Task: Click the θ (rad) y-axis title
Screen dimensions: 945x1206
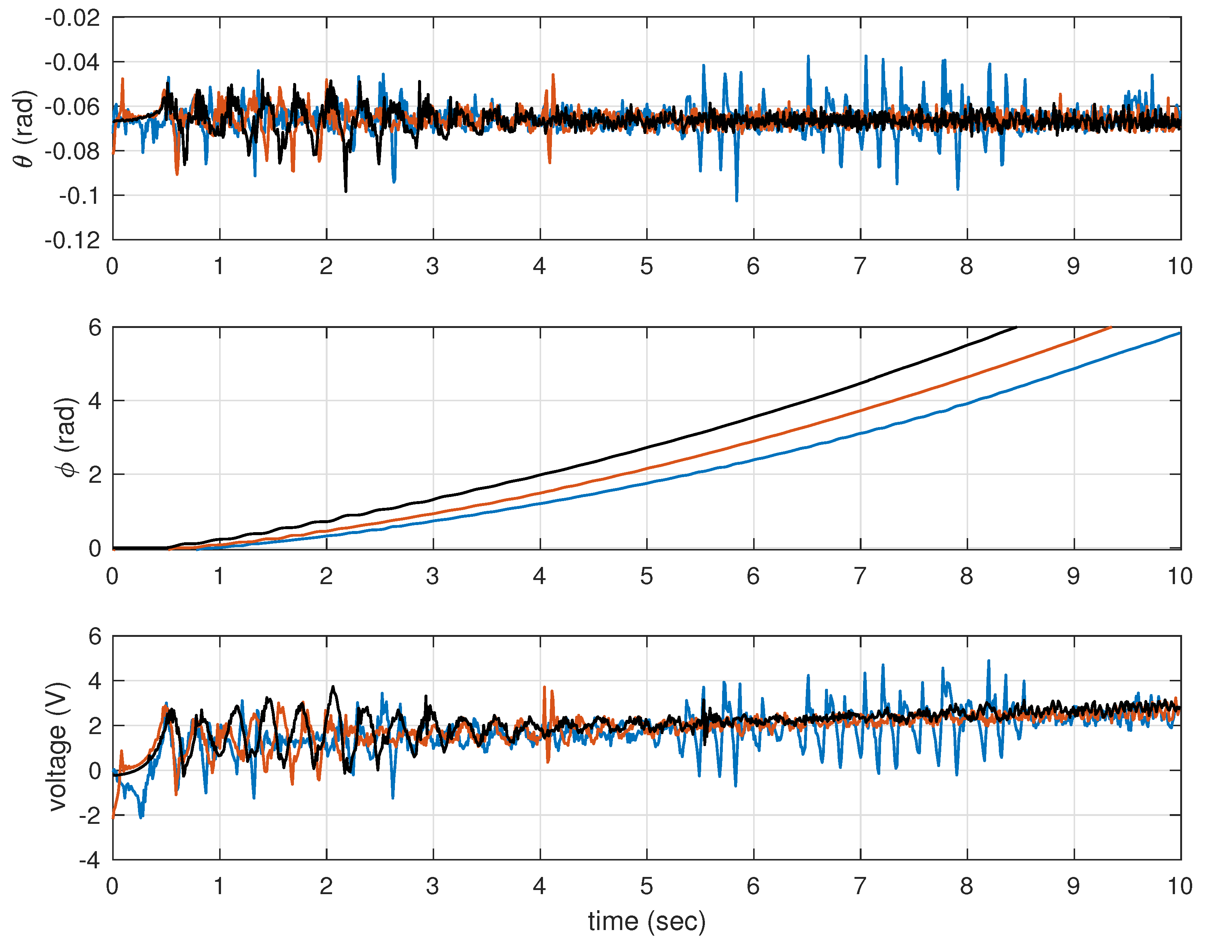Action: click(24, 128)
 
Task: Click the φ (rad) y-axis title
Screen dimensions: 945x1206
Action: click(67, 437)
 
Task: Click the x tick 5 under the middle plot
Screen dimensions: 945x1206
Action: click(646, 577)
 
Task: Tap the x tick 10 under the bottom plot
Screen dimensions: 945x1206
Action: click(1179, 886)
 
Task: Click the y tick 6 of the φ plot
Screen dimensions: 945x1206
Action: click(95, 328)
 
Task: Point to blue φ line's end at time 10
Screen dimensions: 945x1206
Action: click(1180, 333)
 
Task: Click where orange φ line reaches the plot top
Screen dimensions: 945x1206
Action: click(1111, 328)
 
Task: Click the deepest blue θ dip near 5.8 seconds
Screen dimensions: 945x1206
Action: click(736, 200)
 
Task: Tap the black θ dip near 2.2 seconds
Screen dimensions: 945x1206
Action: click(346, 191)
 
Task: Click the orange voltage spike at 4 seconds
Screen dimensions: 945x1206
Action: click(544, 688)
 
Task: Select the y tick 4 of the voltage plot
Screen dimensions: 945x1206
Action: click(95, 681)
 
